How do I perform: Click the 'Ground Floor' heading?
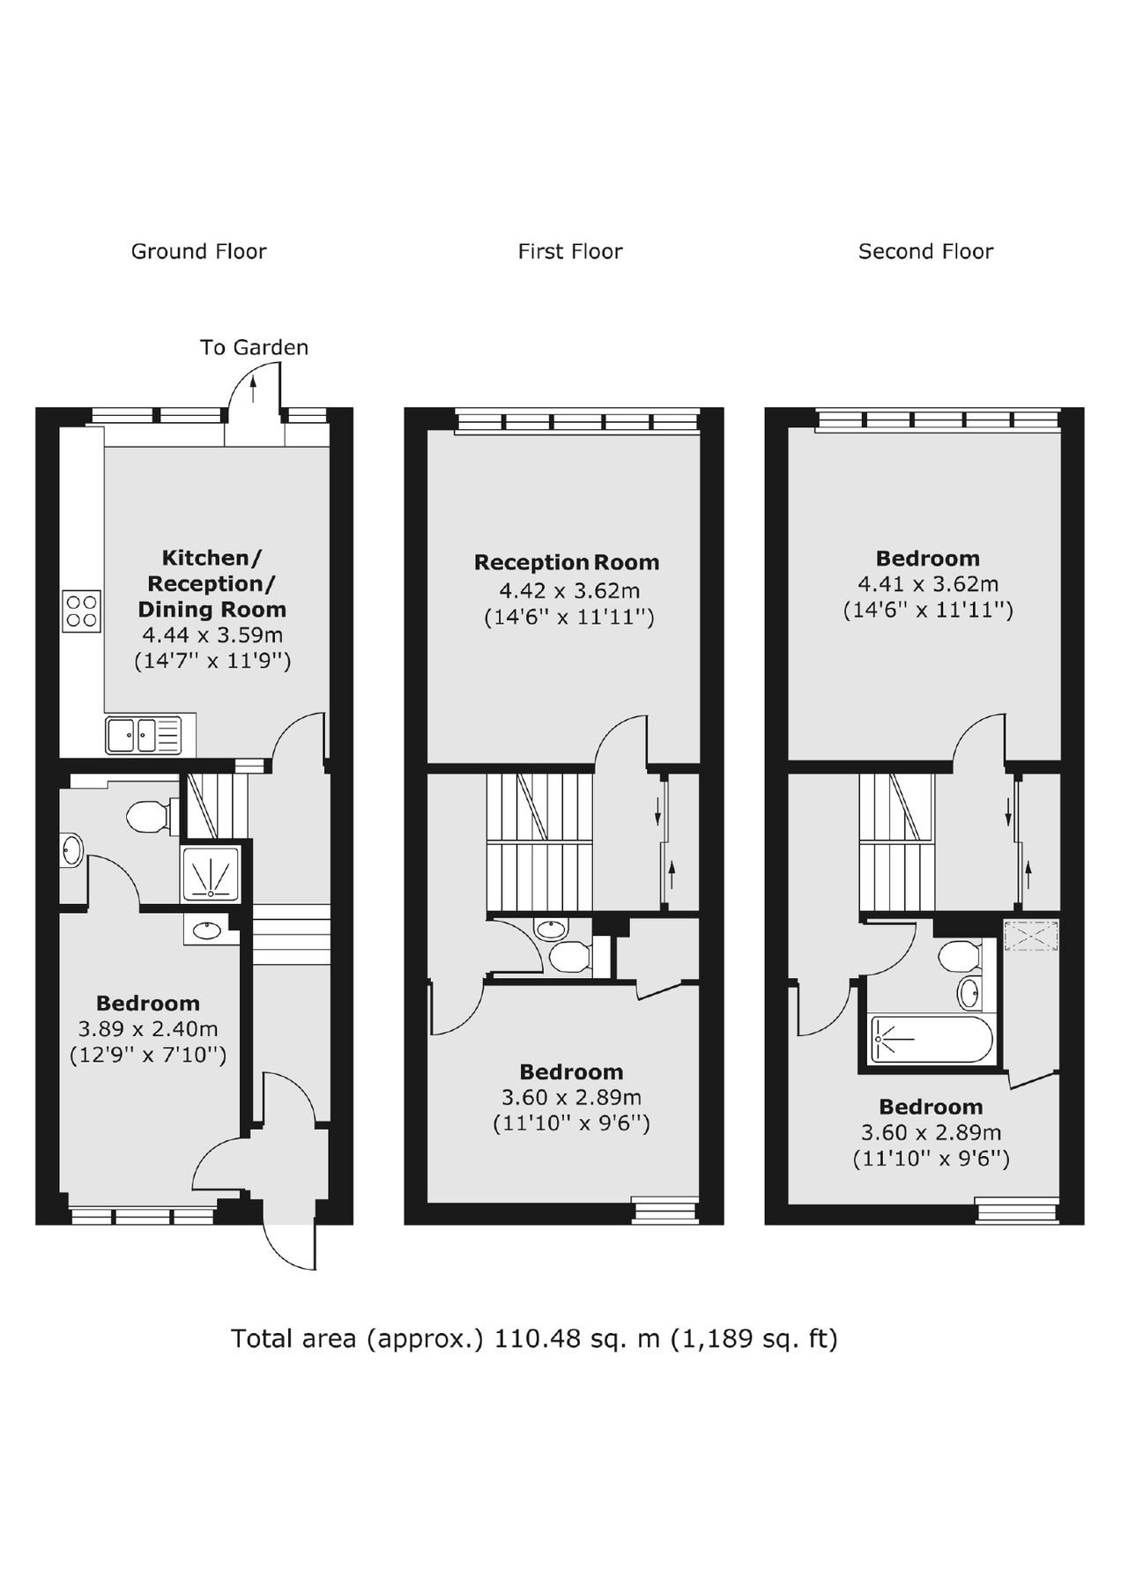click(x=198, y=251)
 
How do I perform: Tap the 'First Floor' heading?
click(x=569, y=251)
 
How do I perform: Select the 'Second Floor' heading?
click(x=925, y=251)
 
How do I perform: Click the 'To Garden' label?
click(x=254, y=347)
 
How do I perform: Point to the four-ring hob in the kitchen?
click(x=81, y=611)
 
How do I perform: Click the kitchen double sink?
click(x=143, y=735)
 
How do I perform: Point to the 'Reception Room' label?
click(x=567, y=562)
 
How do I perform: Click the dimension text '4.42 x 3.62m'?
click(x=569, y=590)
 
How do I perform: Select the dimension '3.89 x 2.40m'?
click(x=148, y=1028)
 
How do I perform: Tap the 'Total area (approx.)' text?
click(x=358, y=1338)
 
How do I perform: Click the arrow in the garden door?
click(x=254, y=388)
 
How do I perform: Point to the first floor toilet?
click(x=570, y=955)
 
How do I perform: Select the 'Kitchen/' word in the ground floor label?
click(x=212, y=558)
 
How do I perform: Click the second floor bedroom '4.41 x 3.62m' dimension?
click(x=928, y=583)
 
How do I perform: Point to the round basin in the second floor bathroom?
click(x=968, y=992)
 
